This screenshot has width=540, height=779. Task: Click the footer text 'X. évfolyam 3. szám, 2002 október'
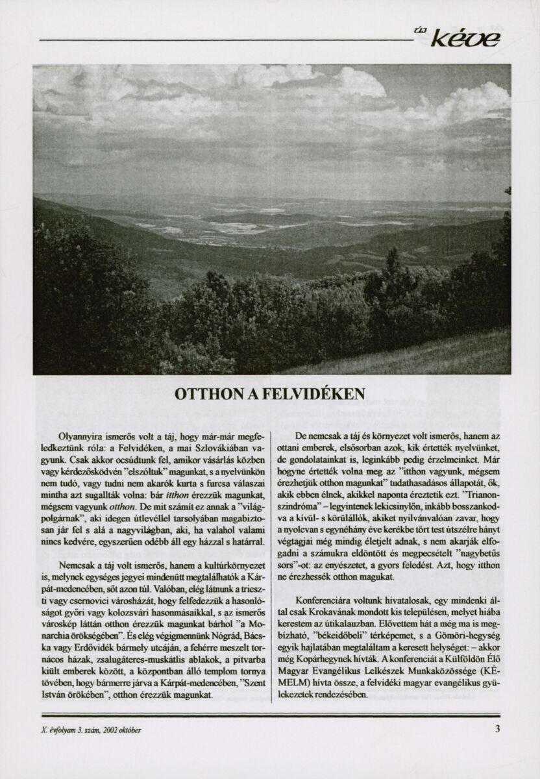pos(91,728)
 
